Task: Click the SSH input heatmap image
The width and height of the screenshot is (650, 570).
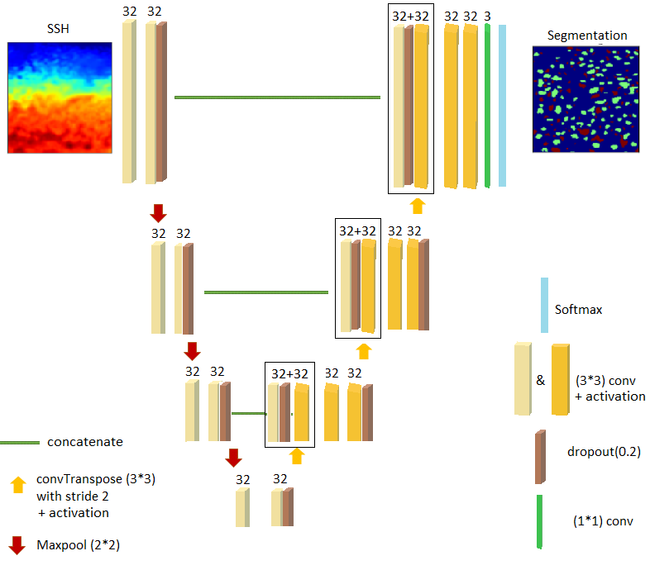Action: tap(60, 98)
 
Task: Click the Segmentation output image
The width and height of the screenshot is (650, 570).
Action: tap(586, 98)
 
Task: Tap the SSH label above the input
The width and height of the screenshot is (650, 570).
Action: tap(59, 31)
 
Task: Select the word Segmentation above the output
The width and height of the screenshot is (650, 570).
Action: tap(586, 36)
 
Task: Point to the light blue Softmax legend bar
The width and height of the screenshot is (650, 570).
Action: tap(544, 306)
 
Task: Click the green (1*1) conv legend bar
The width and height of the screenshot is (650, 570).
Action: tap(539, 521)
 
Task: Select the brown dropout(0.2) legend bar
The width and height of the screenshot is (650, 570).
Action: tap(539, 456)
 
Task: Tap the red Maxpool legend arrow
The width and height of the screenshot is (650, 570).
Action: tap(17, 545)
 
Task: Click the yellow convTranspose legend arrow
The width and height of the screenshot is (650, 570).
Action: tap(17, 485)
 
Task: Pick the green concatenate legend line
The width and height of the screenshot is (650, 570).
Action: tap(20, 442)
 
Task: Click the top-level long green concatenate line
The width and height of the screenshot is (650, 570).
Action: tap(277, 97)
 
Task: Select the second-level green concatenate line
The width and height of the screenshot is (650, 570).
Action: tap(265, 292)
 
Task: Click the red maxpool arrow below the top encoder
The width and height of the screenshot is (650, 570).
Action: tap(159, 214)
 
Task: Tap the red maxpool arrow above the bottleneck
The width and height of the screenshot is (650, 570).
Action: tap(233, 457)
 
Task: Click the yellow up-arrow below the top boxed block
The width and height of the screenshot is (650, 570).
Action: tap(418, 205)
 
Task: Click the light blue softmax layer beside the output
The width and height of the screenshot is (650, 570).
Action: tap(502, 105)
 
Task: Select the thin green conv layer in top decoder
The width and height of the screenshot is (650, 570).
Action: tap(488, 105)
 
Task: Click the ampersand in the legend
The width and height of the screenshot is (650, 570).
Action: tap(540, 381)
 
